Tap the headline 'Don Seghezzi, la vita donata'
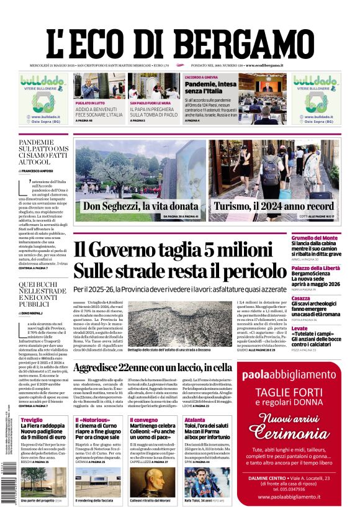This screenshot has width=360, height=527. click(x=141, y=207)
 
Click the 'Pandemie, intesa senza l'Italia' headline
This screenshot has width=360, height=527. click(x=209, y=87)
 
